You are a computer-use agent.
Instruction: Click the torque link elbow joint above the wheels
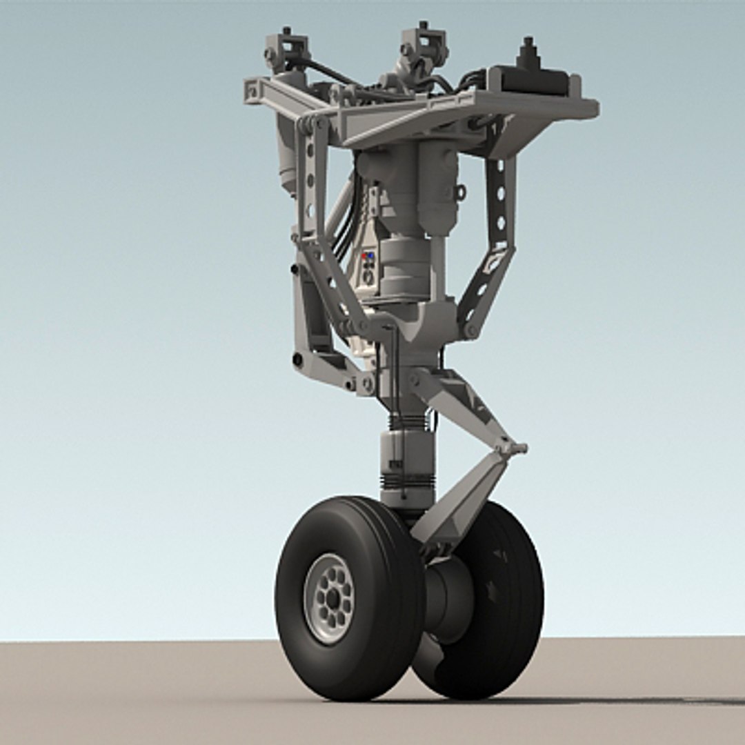click(511, 447)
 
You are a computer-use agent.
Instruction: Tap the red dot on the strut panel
click(364, 256)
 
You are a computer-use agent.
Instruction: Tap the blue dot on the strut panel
click(371, 256)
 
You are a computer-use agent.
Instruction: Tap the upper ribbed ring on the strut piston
click(407, 420)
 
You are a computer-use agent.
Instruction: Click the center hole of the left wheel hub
click(332, 599)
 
